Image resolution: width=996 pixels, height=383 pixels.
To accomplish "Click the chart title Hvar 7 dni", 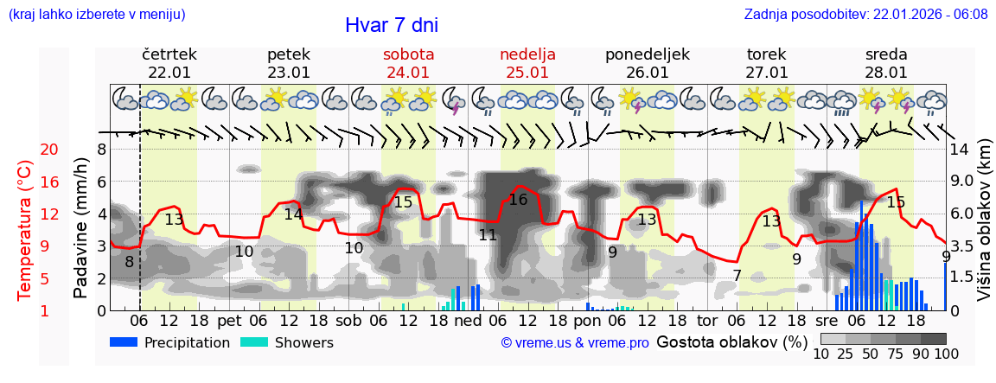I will point(391,25).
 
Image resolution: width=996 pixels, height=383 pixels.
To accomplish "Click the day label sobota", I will point(408,54).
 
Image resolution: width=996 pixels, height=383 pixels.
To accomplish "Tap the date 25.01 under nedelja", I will point(527,73).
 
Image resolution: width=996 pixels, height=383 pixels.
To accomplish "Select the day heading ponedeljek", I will point(647,54).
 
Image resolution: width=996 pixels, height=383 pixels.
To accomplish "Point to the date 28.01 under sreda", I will point(886,73).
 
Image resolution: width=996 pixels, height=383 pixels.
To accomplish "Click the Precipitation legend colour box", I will point(124,342).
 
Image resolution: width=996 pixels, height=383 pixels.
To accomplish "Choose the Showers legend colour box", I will point(253,342).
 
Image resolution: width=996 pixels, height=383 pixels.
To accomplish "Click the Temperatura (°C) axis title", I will point(26,229).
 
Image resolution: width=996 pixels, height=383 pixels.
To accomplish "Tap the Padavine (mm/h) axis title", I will point(80,228).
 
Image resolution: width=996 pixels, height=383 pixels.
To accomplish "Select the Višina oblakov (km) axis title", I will point(984,228).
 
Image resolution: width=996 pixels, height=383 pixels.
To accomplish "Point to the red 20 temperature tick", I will point(49,150).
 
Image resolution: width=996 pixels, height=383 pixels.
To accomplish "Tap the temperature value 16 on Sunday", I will point(518,200).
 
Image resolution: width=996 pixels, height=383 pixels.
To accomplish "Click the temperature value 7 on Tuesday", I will point(737,275).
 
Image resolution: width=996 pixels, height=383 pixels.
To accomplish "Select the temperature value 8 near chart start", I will point(129,262).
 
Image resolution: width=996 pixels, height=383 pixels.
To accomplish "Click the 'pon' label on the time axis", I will point(587,321).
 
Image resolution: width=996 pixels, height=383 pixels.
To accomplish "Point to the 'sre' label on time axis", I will point(827,321).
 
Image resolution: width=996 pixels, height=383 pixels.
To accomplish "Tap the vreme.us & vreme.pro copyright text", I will point(574,342).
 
